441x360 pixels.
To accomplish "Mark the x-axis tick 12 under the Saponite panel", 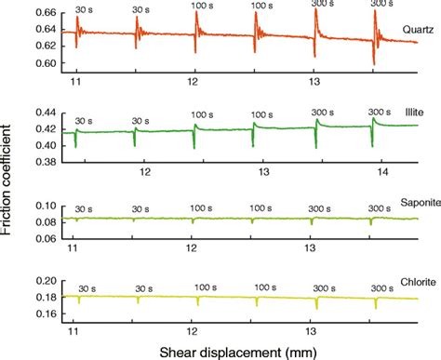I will [193, 249].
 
